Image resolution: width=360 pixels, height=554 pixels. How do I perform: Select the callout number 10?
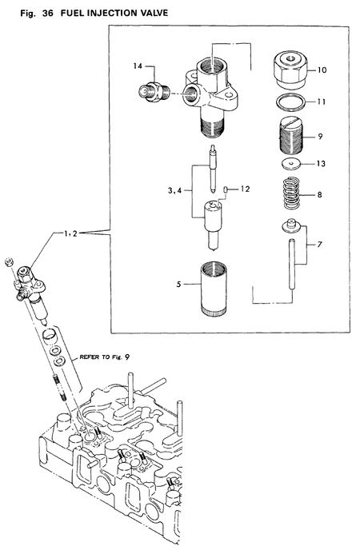(322, 70)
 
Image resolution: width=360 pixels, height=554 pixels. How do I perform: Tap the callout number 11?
(322, 103)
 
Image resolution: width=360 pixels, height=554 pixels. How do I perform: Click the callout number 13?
(321, 164)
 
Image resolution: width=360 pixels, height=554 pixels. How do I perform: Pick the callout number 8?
(320, 193)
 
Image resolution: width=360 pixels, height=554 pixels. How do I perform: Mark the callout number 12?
(246, 189)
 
